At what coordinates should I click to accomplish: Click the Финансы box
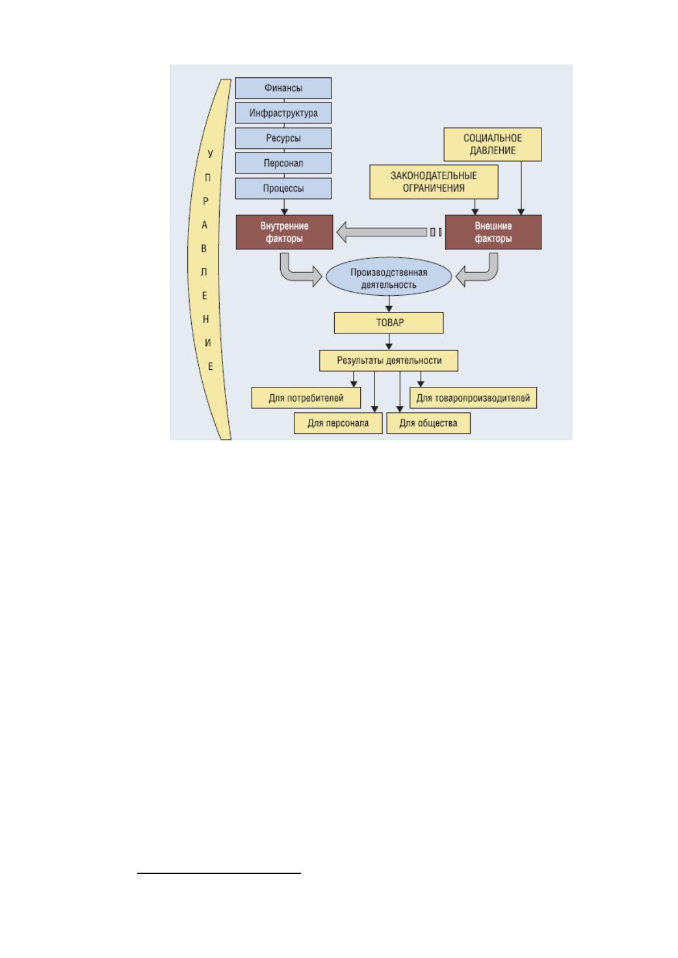pyautogui.click(x=283, y=88)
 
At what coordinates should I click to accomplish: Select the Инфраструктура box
pyautogui.click(x=283, y=113)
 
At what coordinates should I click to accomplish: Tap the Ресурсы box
pyautogui.click(x=283, y=138)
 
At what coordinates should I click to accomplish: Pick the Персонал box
pyautogui.click(x=283, y=163)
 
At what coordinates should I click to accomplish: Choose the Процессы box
pyautogui.click(x=283, y=188)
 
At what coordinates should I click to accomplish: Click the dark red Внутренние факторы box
pyautogui.click(x=284, y=232)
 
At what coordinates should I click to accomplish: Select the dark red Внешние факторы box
pyautogui.click(x=493, y=232)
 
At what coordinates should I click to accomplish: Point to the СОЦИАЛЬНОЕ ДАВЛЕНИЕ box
pyautogui.click(x=492, y=144)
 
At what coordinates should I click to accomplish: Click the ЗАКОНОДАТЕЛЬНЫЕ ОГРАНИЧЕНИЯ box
pyautogui.click(x=434, y=182)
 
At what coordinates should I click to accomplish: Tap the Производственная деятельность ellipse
pyautogui.click(x=389, y=276)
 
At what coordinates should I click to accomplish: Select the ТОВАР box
pyautogui.click(x=389, y=323)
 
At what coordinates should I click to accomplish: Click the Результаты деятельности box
pyautogui.click(x=389, y=361)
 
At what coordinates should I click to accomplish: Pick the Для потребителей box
pyautogui.click(x=306, y=398)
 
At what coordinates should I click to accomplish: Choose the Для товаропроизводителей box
pyautogui.click(x=473, y=398)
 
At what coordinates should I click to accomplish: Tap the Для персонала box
pyautogui.click(x=338, y=423)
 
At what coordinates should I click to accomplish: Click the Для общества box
pyautogui.click(x=428, y=423)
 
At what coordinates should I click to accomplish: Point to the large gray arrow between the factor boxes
pyautogui.click(x=382, y=232)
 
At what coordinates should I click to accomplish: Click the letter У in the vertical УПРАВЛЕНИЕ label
pyautogui.click(x=210, y=154)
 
